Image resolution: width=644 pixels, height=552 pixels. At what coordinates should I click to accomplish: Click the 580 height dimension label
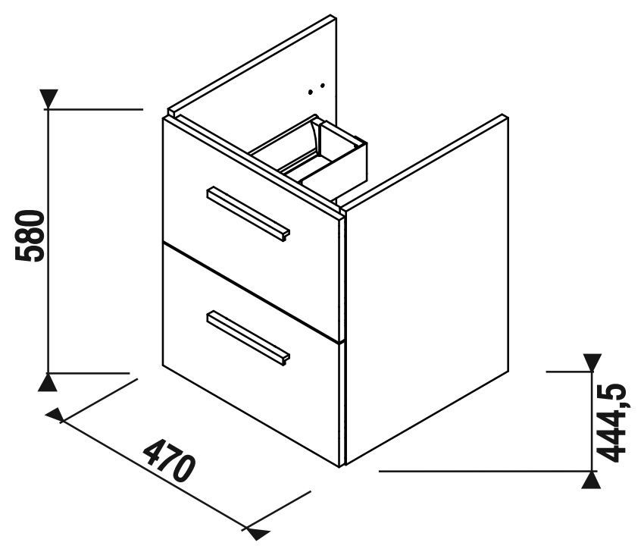click(x=29, y=236)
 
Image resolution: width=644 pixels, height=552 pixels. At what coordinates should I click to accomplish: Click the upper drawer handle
click(x=248, y=214)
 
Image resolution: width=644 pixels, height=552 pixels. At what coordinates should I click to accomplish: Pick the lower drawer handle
click(x=248, y=337)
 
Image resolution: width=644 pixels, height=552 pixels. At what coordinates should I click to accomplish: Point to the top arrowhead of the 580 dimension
click(x=48, y=99)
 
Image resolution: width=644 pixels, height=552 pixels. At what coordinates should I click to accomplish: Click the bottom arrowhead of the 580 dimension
click(x=48, y=383)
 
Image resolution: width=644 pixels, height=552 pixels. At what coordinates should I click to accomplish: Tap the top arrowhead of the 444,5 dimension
click(x=592, y=362)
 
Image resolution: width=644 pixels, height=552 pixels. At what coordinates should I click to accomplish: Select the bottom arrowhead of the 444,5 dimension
click(x=592, y=480)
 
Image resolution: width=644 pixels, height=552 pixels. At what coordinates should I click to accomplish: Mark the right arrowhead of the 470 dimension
click(x=258, y=533)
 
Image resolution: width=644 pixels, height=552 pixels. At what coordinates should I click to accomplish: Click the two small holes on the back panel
click(x=317, y=89)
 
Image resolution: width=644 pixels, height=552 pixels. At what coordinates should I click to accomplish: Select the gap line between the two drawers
click(x=252, y=292)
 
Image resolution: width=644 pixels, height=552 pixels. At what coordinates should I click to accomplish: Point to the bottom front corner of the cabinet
click(x=341, y=466)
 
